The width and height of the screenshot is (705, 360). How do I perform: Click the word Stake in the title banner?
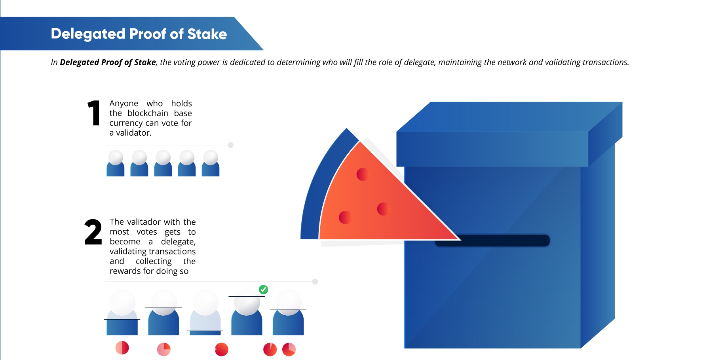click(x=207, y=34)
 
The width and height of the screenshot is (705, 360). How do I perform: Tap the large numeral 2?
click(x=93, y=232)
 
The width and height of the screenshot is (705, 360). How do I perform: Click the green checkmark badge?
click(x=263, y=290)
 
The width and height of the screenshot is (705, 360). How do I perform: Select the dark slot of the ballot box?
click(x=492, y=241)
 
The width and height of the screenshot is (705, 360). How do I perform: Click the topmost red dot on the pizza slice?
click(x=363, y=174)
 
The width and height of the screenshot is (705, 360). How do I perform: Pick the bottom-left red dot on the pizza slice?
click(x=345, y=217)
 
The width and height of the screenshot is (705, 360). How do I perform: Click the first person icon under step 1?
click(x=116, y=163)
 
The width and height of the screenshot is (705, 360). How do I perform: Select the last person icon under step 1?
click(x=211, y=163)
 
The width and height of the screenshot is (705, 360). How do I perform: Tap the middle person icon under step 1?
click(x=163, y=163)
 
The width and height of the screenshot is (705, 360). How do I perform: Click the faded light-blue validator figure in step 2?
click(x=205, y=312)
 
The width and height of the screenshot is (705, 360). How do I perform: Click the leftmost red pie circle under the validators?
click(x=122, y=348)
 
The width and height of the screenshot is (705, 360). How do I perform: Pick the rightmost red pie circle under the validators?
click(x=289, y=349)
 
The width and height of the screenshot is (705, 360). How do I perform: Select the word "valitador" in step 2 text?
click(x=144, y=222)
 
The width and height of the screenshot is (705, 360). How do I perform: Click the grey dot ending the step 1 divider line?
click(x=231, y=145)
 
